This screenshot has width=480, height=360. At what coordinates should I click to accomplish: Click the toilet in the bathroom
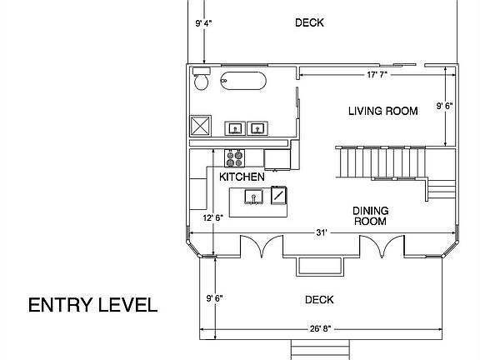click(200, 81)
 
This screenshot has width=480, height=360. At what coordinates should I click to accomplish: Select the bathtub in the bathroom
click(244, 82)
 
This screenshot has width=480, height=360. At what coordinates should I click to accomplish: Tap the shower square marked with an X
click(201, 127)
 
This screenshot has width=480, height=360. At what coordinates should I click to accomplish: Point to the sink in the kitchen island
click(254, 197)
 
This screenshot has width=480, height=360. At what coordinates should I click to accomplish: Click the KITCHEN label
click(242, 177)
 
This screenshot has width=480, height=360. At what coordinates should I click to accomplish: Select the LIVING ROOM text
click(382, 110)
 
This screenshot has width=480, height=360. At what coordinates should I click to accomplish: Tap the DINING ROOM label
click(371, 217)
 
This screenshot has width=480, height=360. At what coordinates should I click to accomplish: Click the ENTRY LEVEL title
click(92, 305)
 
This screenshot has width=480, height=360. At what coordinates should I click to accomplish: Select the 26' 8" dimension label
click(319, 328)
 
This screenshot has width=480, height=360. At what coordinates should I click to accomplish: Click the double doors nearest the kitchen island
click(260, 247)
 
